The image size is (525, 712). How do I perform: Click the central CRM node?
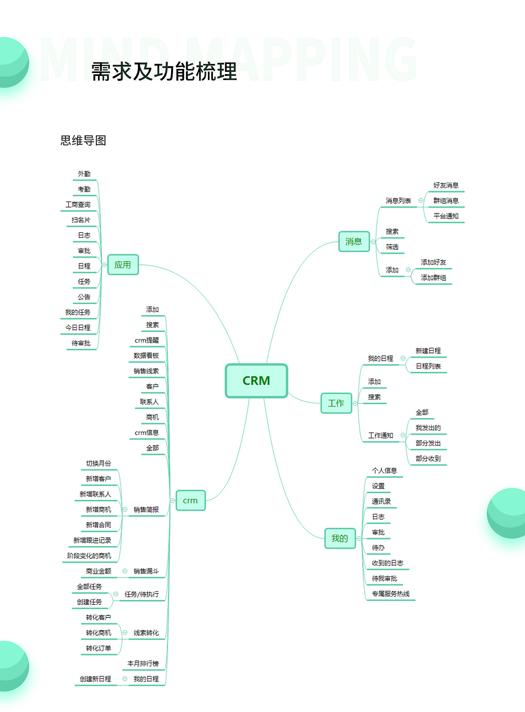point(256,381)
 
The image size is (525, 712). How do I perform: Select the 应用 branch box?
point(123,265)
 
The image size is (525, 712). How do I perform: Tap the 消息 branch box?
point(354,242)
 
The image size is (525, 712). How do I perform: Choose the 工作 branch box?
point(336,403)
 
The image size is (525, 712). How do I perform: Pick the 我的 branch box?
point(340,538)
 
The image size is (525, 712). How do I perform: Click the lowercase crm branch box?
point(190,501)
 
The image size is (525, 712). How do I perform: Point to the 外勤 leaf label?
point(84,174)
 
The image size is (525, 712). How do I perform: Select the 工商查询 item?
point(78,205)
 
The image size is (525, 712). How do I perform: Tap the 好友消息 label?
point(446,185)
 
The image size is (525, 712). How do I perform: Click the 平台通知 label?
point(446,216)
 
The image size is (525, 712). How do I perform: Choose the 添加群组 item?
point(434,278)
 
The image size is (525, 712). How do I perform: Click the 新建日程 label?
point(428,351)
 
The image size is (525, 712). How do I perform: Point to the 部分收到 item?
point(428,459)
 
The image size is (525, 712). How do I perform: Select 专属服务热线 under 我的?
point(391,594)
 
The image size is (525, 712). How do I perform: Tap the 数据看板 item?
point(146,356)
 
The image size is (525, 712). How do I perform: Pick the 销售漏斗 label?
point(146,571)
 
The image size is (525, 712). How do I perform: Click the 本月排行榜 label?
point(143,664)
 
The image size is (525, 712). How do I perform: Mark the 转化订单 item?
point(98,648)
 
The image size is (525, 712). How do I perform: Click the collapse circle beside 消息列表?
point(421,201)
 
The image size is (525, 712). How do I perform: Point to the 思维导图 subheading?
point(83,141)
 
